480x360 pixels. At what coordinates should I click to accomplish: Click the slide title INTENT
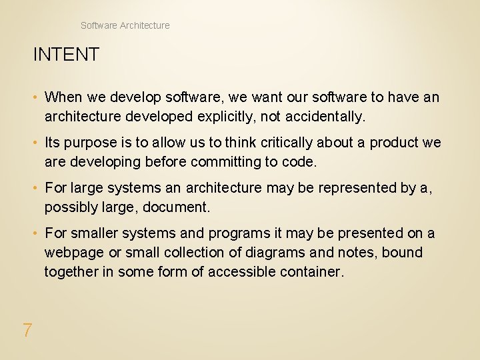tap(66, 55)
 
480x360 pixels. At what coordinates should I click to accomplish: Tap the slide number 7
tap(27, 330)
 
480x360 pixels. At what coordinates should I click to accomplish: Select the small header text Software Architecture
tap(125, 25)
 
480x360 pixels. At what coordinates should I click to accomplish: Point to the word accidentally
tap(325, 117)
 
